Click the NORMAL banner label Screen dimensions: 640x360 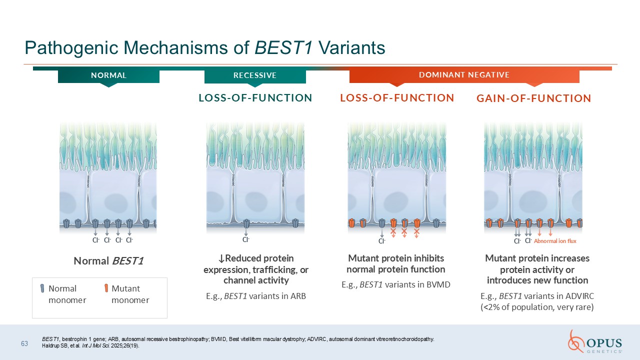pos(108,75)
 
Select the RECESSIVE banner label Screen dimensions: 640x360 pos(255,75)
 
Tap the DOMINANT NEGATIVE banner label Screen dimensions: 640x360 pos(464,75)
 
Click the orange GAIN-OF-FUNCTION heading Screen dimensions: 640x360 pos(533,98)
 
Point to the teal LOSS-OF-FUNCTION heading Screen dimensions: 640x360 pos(255,98)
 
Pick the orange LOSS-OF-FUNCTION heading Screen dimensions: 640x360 pos(397,98)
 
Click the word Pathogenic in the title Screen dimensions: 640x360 pos(71,47)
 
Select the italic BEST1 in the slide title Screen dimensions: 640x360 pos(283,47)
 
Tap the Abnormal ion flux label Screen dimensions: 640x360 pos(555,241)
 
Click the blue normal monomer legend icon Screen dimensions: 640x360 pos(42,288)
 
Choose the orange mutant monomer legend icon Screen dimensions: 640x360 pos(106,288)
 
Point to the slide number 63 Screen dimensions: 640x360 pos(24,343)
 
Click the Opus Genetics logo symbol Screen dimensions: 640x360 pos(575,341)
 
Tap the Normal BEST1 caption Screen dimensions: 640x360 pos(108,261)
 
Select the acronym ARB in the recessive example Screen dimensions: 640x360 pos(298,296)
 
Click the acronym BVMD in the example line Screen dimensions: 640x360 pos(438,284)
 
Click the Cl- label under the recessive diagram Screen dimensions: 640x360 pos(246,239)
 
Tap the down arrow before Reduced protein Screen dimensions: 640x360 pos(221,259)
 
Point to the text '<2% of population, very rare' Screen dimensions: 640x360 pos(537,307)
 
